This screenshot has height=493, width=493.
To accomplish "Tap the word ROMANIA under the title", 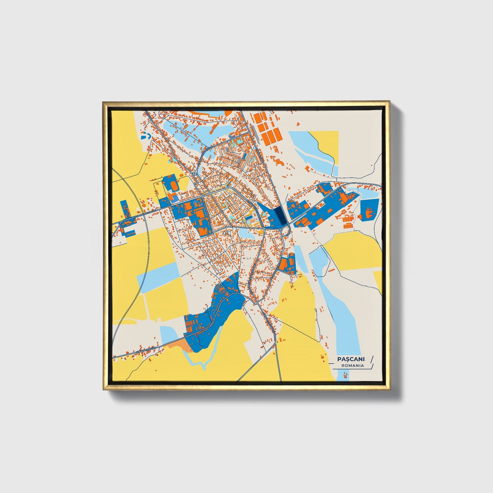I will coord(352,365).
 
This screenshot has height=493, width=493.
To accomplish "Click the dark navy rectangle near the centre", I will coord(279,215).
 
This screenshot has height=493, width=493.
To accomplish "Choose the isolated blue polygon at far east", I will coord(369,209).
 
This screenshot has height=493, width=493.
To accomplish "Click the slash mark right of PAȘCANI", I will coord(372,359).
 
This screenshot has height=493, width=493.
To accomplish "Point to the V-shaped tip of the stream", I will coord(204,368).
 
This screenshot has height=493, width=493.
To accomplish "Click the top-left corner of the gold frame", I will coord(103,102).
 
